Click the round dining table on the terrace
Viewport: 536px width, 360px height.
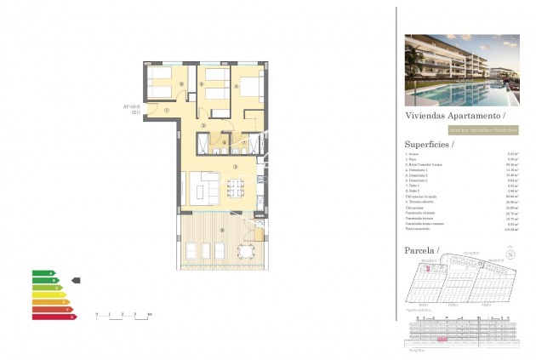coord(247,250)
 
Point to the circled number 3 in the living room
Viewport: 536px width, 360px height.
coord(235,168)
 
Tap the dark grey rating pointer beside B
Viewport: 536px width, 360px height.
coord(76,280)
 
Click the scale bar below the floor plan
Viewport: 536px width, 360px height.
coord(123,315)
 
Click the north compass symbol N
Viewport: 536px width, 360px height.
coord(510,254)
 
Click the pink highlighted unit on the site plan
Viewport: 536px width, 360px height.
coord(429,271)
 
